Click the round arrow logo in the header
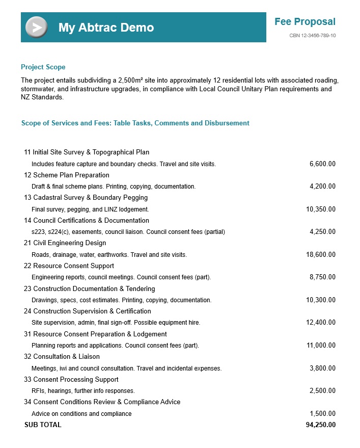[x=36, y=27]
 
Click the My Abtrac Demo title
[x=106, y=28]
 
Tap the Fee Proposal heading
[x=304, y=21]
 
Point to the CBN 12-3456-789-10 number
[x=312, y=36]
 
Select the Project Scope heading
[x=43, y=67]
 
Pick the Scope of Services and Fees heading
[x=135, y=123]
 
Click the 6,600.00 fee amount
[x=322, y=164]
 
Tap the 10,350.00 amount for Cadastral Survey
[x=321, y=209]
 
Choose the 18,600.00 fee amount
[x=321, y=255]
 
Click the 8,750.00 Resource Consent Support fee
[x=322, y=277]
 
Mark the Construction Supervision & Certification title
[x=92, y=311]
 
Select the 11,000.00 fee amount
[x=321, y=346]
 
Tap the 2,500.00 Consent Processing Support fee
[x=322, y=391]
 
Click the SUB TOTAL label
[x=43, y=425]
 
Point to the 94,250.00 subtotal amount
[x=321, y=425]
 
